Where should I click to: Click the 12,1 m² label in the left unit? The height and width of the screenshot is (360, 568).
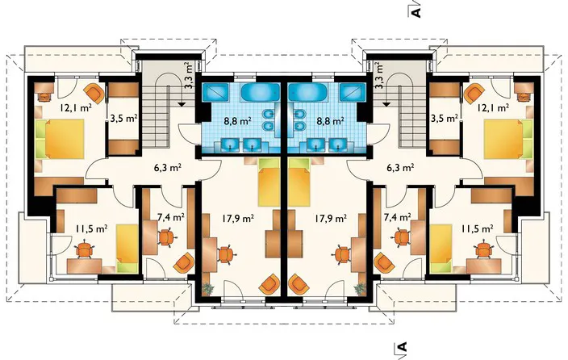tap(76, 107)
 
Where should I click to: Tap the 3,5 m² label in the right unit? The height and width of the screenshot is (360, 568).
tap(444, 118)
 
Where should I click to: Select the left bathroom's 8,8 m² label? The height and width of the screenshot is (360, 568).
tap(238, 121)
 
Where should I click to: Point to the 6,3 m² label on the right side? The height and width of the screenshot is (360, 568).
tap(400, 168)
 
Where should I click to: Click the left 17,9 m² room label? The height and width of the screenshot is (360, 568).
tap(238, 218)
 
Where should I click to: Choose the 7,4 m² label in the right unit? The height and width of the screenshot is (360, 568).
tap(397, 217)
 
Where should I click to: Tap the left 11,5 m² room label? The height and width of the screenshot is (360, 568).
tap(91, 228)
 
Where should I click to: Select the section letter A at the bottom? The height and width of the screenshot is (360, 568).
tap(402, 346)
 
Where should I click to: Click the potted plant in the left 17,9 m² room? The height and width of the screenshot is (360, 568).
tap(207, 289)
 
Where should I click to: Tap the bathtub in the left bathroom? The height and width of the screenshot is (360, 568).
tap(261, 92)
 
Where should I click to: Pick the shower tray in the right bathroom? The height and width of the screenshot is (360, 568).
tap(352, 92)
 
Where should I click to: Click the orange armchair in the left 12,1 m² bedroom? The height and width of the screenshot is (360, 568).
tap(93, 92)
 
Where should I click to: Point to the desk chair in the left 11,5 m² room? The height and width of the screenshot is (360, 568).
tap(85, 249)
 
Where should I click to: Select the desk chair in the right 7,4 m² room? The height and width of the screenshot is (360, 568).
tap(401, 237)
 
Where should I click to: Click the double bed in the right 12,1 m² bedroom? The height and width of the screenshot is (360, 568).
tap(503, 140)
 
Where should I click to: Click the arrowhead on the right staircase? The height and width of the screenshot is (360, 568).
tap(386, 104)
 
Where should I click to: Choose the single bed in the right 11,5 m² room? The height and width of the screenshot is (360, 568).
tap(441, 249)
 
